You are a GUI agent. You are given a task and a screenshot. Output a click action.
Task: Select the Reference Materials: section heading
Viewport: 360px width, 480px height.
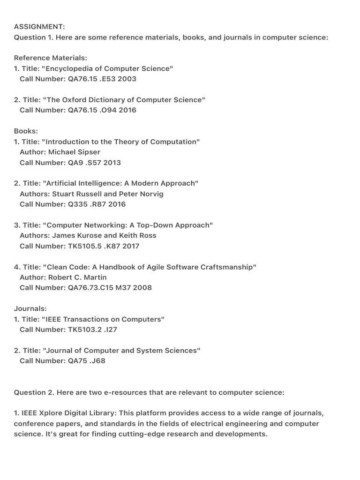coord(51,58)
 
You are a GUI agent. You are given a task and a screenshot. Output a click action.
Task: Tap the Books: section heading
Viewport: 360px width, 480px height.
coord(26,131)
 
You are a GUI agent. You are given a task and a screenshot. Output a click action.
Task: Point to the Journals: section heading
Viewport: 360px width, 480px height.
coord(30,309)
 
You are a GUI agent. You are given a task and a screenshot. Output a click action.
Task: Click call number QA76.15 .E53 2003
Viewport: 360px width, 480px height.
coord(102,79)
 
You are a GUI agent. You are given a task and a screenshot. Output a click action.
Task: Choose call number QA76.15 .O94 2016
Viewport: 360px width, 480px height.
coord(102,110)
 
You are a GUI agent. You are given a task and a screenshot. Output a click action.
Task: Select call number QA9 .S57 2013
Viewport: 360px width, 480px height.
coord(94,163)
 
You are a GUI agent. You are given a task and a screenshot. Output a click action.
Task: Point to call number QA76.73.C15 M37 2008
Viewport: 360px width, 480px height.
coord(110,288)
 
